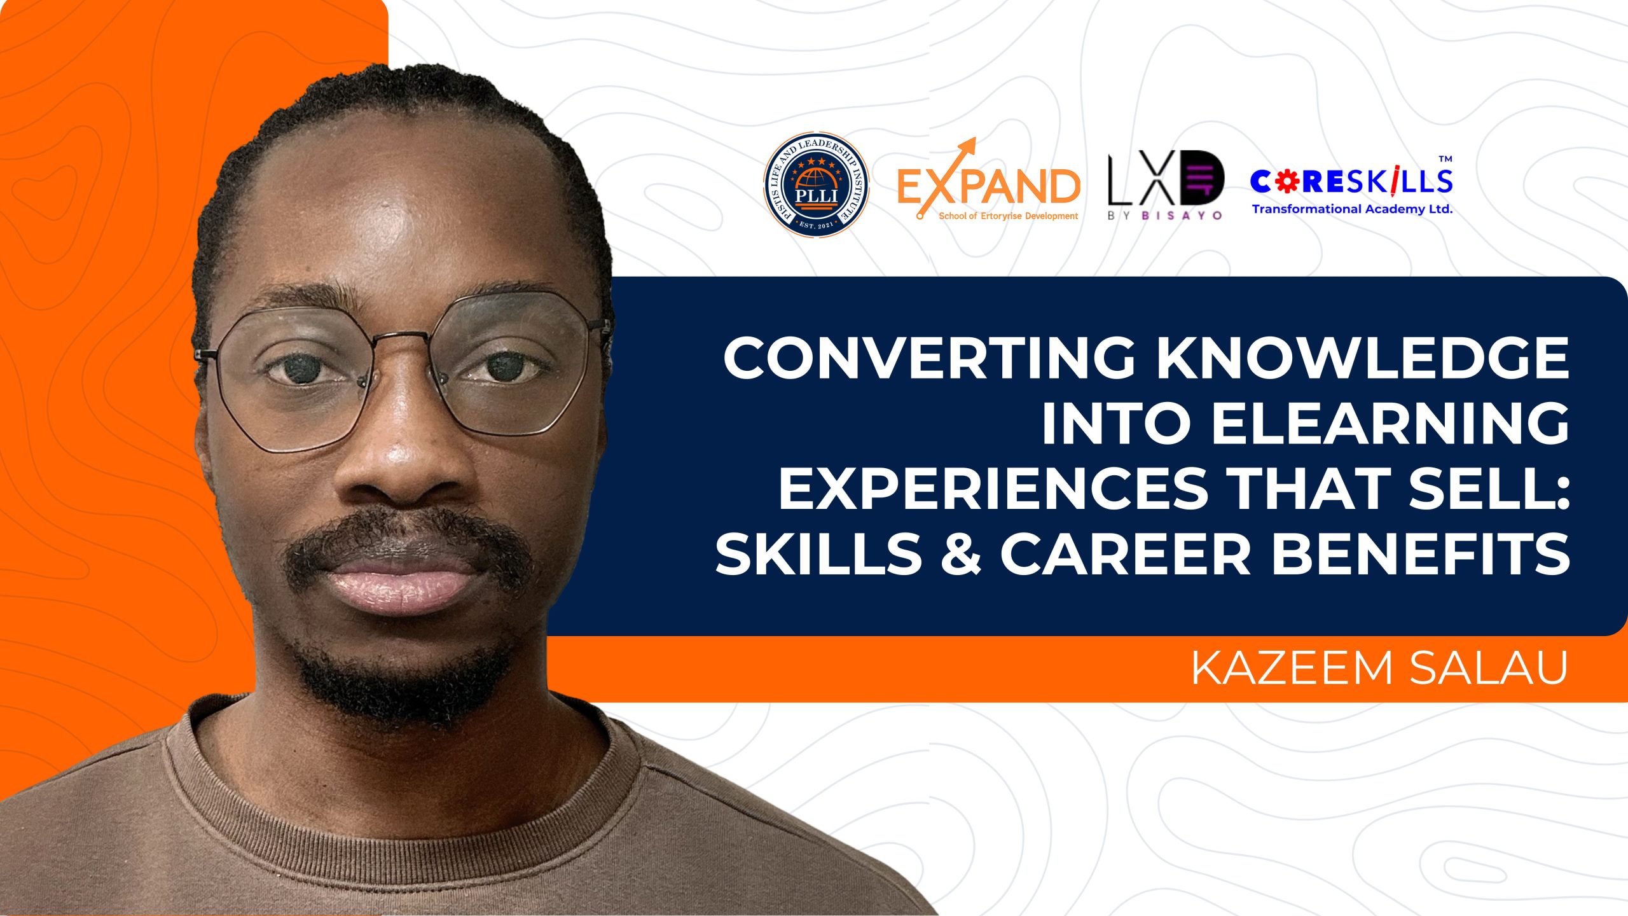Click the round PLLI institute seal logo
(816, 184)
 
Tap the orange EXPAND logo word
(989, 186)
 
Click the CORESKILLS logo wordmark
(1351, 182)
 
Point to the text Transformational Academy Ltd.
(1352, 209)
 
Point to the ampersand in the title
(960, 554)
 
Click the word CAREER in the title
(1126, 554)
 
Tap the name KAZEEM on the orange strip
(1291, 669)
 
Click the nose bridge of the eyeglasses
(407, 340)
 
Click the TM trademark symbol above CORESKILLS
(1445, 159)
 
